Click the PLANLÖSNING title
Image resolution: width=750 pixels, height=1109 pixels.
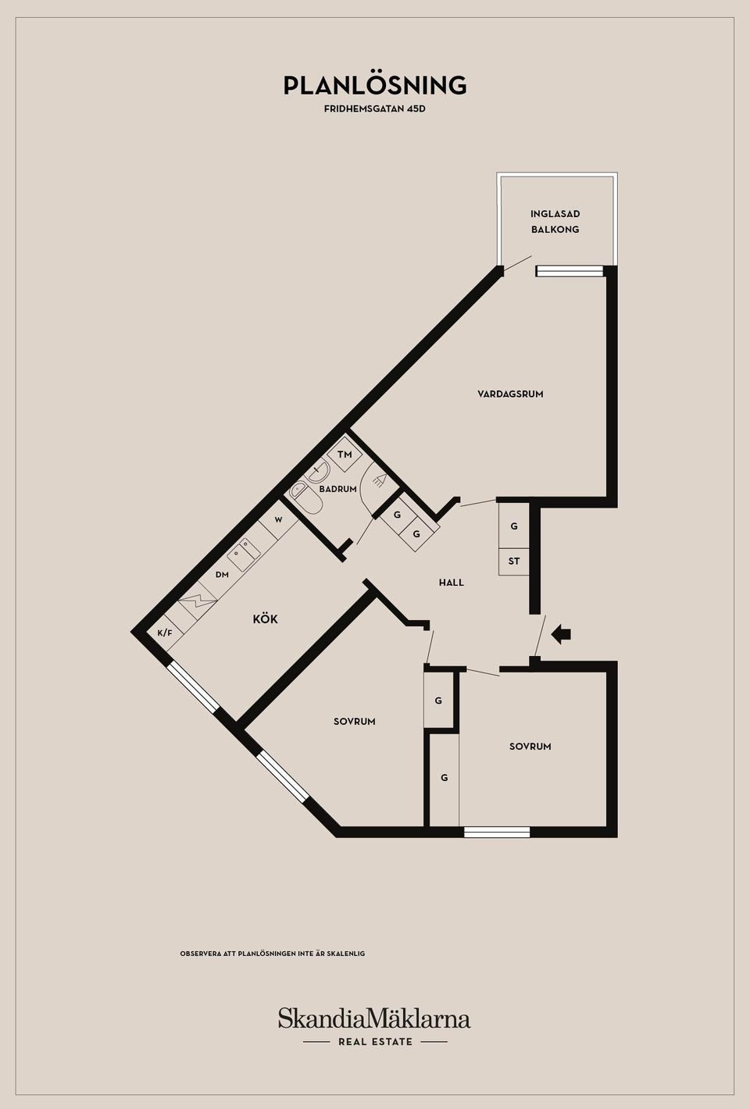click(x=375, y=84)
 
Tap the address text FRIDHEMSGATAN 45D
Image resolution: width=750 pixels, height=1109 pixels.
click(x=375, y=109)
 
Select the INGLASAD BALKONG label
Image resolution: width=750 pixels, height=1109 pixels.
click(x=555, y=221)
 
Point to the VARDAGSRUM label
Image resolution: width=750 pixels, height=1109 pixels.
click(x=510, y=394)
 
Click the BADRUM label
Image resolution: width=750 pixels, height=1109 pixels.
click(x=337, y=489)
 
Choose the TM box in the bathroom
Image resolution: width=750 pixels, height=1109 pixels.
click(x=345, y=454)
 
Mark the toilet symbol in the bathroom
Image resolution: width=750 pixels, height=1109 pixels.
click(x=306, y=498)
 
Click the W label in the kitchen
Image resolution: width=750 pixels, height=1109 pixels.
click(x=278, y=520)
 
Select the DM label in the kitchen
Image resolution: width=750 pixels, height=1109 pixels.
click(x=222, y=575)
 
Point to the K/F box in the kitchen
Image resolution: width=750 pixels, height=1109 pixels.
click(x=165, y=633)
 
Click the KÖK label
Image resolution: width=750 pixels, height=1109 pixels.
click(x=265, y=619)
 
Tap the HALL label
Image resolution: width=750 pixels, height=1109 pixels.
click(x=452, y=583)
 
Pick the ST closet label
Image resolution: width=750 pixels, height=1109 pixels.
click(x=514, y=562)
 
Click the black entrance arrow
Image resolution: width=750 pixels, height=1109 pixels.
click(x=561, y=633)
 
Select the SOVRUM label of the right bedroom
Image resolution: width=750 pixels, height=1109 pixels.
click(x=530, y=746)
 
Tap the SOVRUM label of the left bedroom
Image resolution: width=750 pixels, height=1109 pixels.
click(x=354, y=722)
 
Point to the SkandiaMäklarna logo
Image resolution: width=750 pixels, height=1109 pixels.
click(x=374, y=1027)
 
